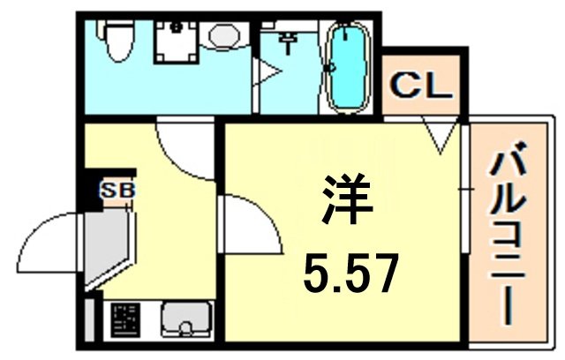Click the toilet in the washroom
point(114,40)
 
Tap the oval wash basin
point(222,36)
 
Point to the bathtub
point(346,63)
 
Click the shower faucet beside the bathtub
point(290,40)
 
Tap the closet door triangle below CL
point(439,136)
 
